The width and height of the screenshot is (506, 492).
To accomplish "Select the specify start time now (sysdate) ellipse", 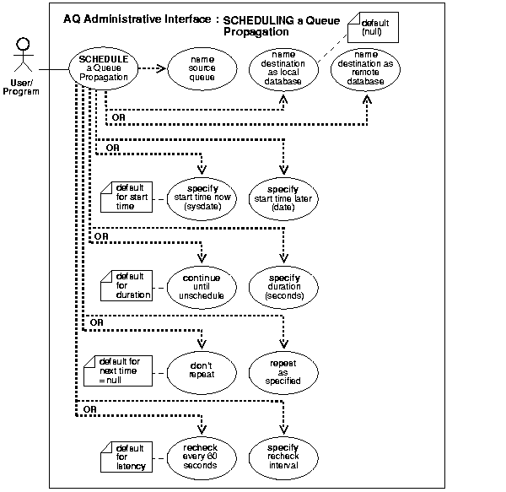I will pyautogui.click(x=201, y=197).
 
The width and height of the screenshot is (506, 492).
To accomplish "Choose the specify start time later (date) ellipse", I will pyautogui.click(x=284, y=197).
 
